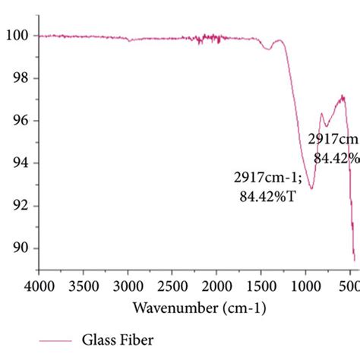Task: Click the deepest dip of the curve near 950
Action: (311, 188)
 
